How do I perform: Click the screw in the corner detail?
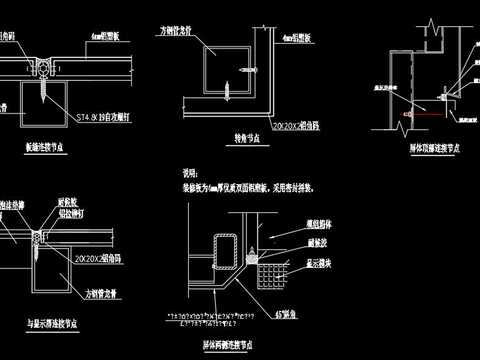pos(248,69)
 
